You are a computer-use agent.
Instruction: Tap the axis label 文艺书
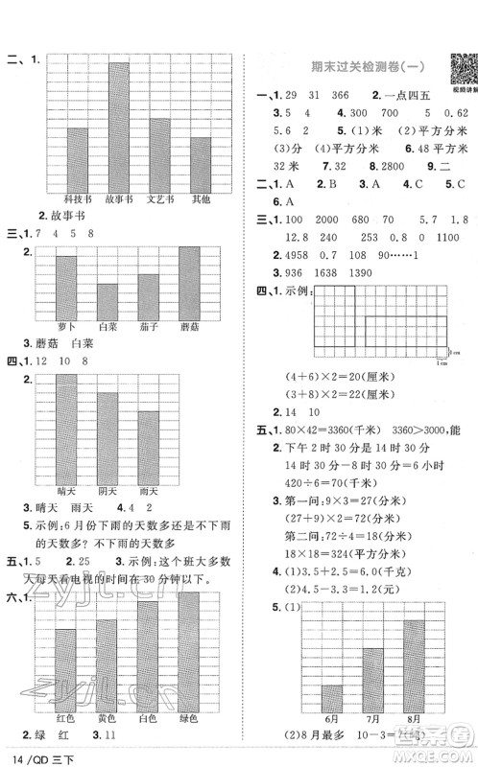160,199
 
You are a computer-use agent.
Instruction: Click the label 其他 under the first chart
201,199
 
